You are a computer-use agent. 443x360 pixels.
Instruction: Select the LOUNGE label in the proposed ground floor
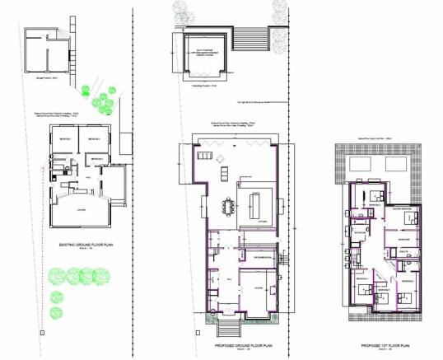coord(258,288)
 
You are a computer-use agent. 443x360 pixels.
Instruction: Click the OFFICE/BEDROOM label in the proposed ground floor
coord(263,259)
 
